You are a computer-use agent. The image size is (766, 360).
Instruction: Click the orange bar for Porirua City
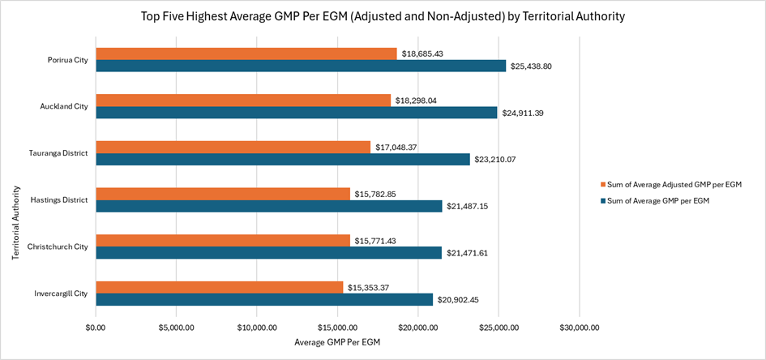pos(246,54)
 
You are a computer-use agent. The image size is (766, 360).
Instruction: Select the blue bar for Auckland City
pos(297,113)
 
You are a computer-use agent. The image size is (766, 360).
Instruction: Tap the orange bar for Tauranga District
pos(233,147)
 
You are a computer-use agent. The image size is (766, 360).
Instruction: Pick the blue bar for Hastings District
pos(269,206)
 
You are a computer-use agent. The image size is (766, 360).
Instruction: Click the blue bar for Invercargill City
pos(264,299)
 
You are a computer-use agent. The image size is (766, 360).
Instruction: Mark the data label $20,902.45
pos(461,300)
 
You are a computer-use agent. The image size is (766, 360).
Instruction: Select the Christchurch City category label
pos(58,246)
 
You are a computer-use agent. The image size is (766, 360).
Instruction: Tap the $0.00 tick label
pos(96,328)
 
